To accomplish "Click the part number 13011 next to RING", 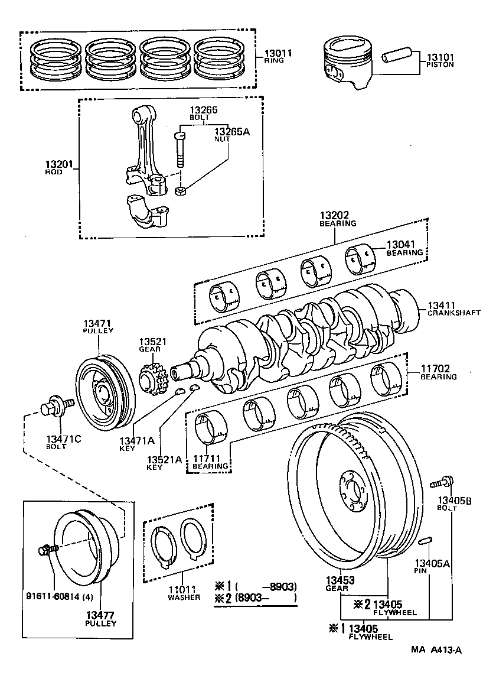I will [279, 53].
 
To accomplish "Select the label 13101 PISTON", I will [440, 60].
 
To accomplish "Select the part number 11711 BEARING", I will [210, 462].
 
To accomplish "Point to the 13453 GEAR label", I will [340, 583].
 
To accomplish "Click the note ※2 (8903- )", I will [256, 598].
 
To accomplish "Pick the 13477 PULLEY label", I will [100, 619].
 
